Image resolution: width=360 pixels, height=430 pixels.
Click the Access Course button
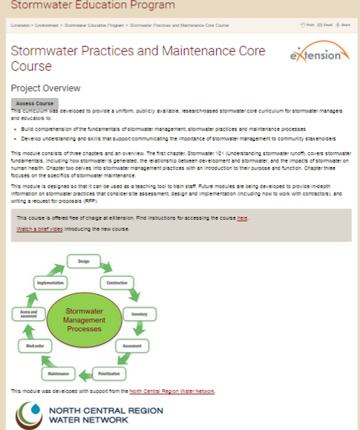tap(35, 103)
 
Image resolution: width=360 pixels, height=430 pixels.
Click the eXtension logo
tap(317, 55)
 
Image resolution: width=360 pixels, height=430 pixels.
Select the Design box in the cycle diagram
tap(83, 261)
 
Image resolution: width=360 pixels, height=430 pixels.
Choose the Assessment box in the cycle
tap(131, 346)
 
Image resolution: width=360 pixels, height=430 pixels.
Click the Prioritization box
tap(108, 371)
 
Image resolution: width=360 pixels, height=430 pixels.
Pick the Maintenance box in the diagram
tap(58, 372)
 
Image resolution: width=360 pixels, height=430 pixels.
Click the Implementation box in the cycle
tap(49, 284)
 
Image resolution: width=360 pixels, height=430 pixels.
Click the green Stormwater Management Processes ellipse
tap(84, 320)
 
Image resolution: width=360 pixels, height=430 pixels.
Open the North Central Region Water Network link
tap(171, 391)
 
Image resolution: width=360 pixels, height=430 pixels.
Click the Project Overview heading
tap(45, 88)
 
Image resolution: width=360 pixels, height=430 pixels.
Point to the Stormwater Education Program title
tap(93, 5)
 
